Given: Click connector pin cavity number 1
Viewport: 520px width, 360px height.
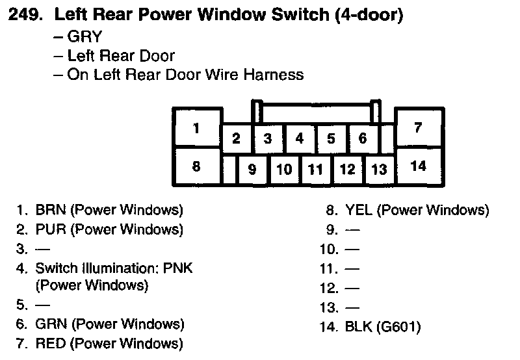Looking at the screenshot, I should (196, 127).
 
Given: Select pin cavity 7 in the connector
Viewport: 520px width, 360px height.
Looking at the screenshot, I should (419, 127).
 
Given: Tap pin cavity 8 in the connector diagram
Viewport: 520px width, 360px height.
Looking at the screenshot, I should (196, 166).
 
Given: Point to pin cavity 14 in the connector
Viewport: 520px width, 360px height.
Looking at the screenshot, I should (419, 166).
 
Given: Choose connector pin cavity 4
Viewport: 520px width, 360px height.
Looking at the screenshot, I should (300, 138).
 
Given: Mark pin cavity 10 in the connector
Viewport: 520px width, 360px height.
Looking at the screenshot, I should (284, 170).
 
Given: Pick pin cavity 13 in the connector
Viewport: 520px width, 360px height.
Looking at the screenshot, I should (379, 170).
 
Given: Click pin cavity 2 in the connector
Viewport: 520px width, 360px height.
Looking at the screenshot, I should (237, 138).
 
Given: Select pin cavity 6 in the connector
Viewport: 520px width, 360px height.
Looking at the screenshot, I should (363, 138).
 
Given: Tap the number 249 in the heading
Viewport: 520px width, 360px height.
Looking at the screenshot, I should (25, 15).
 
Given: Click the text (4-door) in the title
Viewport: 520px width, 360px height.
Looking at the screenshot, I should (369, 15).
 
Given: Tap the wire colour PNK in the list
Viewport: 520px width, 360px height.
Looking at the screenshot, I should (179, 268).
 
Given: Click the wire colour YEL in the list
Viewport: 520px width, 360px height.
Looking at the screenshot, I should (359, 210).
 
